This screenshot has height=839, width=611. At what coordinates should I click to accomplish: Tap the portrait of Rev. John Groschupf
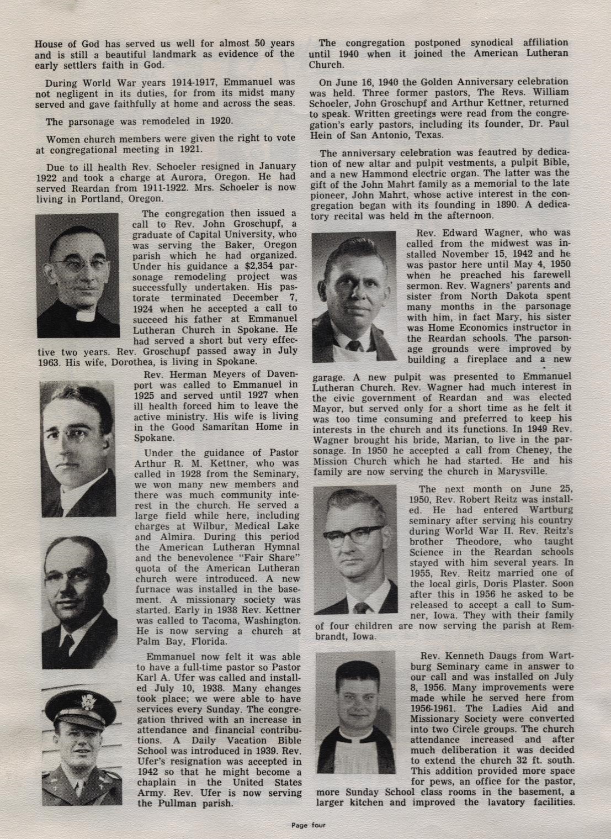coord(77,275)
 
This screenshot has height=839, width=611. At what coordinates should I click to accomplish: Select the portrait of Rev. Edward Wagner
coord(353,297)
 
